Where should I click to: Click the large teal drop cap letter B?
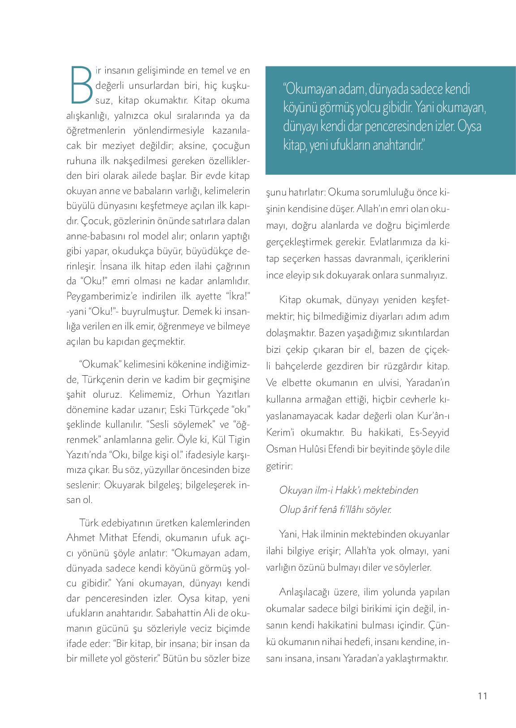click(x=81, y=84)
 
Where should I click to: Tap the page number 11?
click(x=482, y=696)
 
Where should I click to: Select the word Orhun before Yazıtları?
click(x=189, y=394)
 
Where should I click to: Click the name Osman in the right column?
click(x=279, y=449)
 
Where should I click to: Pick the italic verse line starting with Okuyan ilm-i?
click(x=348, y=490)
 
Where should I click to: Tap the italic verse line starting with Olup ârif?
click(x=335, y=510)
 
